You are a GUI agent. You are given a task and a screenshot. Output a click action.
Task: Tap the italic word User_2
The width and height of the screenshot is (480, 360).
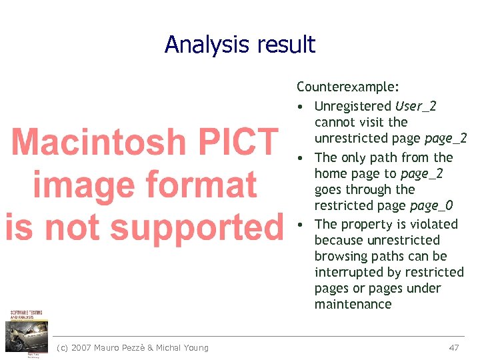(x=416, y=106)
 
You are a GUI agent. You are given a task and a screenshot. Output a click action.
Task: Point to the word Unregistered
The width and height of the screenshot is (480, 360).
(x=353, y=106)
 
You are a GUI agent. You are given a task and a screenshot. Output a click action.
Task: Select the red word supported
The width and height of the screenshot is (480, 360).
(x=196, y=227)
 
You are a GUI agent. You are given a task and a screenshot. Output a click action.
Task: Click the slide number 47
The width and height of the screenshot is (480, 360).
(x=454, y=347)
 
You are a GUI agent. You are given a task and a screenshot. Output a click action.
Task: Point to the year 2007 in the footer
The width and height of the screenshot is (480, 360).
(x=82, y=347)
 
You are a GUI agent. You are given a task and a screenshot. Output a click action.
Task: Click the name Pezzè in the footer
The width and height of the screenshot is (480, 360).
(x=132, y=347)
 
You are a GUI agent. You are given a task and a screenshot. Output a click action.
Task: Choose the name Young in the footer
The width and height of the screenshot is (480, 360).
(x=194, y=347)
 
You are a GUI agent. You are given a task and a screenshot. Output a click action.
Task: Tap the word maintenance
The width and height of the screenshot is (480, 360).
(x=353, y=305)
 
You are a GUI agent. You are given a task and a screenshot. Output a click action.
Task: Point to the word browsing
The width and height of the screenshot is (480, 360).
(x=339, y=256)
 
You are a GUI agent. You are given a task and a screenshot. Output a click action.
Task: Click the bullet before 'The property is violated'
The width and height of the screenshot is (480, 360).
(x=302, y=224)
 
